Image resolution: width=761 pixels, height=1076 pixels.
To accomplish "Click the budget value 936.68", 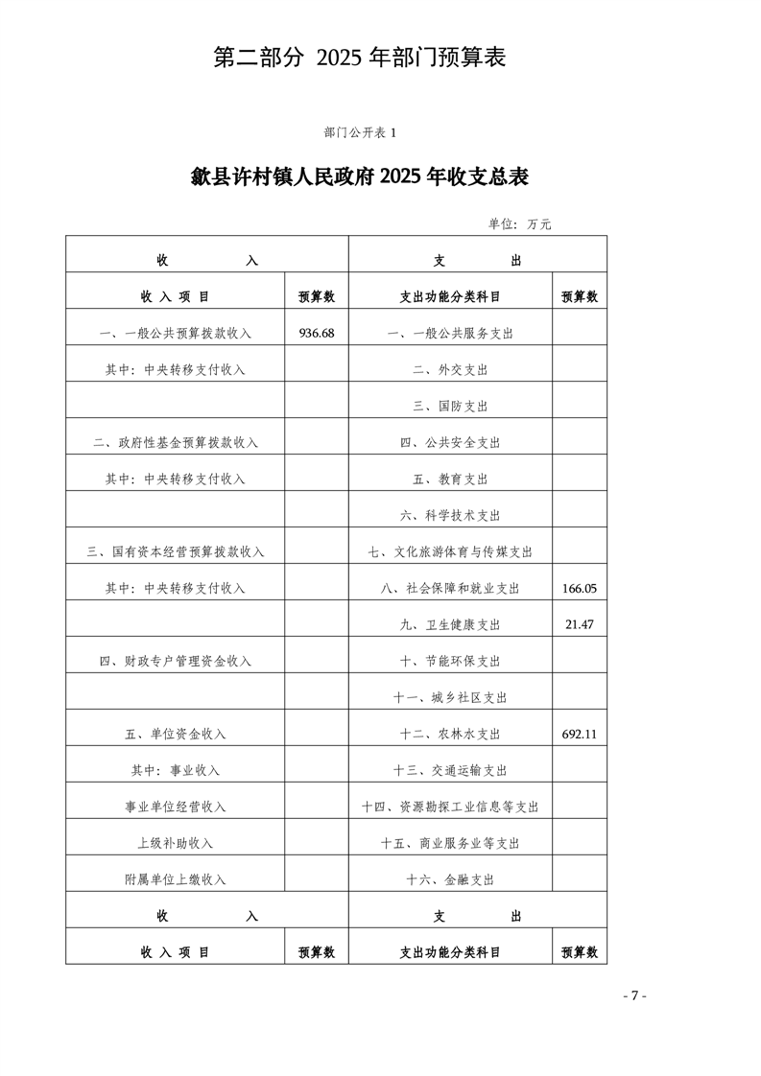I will [316, 333].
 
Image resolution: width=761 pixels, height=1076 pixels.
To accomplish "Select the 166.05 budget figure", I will [579, 588].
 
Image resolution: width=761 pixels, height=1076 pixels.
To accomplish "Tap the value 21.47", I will [579, 624].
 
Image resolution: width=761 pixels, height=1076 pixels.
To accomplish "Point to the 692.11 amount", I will [579, 734].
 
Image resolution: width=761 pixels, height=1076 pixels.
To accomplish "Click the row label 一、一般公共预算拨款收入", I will [175, 333].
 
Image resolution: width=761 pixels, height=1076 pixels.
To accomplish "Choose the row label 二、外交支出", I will [450, 369].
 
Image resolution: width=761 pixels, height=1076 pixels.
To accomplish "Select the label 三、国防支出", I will [450, 406].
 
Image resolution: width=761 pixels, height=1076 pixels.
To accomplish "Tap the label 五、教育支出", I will [450, 479].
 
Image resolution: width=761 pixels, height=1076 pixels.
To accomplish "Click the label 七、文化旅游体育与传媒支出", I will [450, 551].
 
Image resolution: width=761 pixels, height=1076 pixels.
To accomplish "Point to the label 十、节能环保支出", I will [450, 661].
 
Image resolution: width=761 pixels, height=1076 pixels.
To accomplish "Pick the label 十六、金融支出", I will [450, 879].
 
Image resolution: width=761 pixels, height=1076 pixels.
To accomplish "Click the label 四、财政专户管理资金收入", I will [175, 661].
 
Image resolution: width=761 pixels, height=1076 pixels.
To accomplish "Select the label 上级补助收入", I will [175, 843].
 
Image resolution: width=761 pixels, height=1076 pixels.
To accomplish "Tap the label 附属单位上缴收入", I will [175, 879].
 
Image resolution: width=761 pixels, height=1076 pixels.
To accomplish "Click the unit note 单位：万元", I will [519, 223].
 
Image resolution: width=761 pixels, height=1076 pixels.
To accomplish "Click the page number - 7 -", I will [634, 995].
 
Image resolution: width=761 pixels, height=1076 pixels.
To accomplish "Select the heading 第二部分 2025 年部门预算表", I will [359, 58].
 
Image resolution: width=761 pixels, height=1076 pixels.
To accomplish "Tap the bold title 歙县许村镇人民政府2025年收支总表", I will [360, 178].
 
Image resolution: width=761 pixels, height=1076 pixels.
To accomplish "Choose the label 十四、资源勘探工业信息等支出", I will [450, 807].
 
